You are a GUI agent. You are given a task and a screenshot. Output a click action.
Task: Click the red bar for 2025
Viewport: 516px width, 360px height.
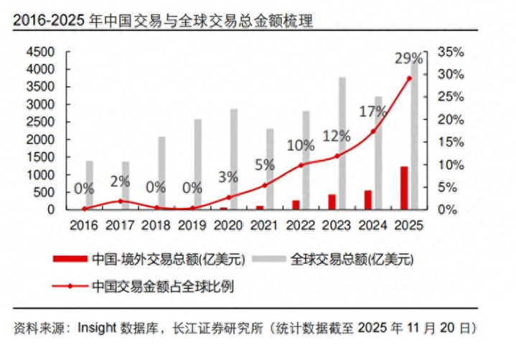[404, 188]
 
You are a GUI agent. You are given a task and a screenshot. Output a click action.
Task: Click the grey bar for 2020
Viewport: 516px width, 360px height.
[233, 158]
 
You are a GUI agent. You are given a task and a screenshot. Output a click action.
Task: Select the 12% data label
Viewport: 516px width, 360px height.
[337, 136]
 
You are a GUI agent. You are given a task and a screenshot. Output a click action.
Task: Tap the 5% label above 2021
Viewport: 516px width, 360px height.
[264, 164]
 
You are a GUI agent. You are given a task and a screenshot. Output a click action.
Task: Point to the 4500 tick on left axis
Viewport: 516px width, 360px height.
[41, 52]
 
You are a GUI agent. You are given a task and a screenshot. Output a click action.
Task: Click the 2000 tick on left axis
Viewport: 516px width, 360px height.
[41, 140]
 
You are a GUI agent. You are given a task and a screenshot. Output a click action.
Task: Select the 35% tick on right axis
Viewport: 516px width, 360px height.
[450, 52]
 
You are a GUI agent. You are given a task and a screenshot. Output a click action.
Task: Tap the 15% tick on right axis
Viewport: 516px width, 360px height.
[450, 142]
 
